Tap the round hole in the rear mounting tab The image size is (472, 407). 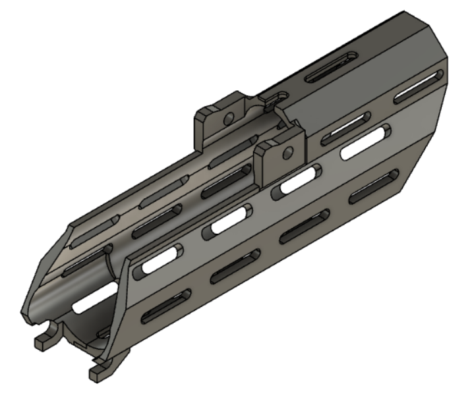pyautogui.click(x=228, y=119)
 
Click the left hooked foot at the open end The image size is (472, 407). pyautogui.click(x=44, y=339)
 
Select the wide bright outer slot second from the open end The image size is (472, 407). pyautogui.click(x=227, y=221)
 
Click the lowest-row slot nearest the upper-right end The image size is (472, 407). pyautogui.click(x=374, y=187)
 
